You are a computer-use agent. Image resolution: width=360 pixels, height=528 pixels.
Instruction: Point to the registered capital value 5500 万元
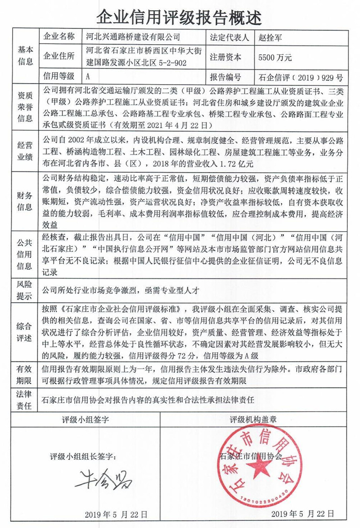point(273,58)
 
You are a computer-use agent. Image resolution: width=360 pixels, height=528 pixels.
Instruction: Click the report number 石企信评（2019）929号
point(301,77)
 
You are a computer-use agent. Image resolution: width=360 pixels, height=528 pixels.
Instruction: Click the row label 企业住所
point(58,57)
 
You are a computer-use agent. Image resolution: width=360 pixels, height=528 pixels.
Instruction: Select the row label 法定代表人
point(229,37)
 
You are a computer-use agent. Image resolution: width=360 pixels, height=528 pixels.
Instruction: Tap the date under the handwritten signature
point(115,514)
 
